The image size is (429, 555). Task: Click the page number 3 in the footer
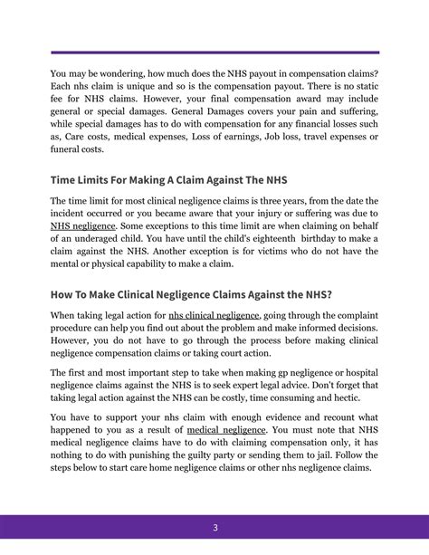214,528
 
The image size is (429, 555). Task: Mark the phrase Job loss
291,137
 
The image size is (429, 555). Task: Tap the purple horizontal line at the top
214,53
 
